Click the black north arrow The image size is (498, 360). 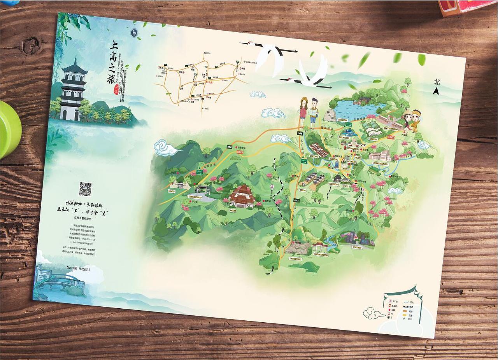tap(436, 91)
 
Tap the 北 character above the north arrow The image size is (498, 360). tap(437, 82)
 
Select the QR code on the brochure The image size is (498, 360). tap(85, 189)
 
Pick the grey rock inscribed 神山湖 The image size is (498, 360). tap(330, 115)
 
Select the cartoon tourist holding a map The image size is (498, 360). tap(314, 112)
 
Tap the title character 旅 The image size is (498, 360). tap(112, 79)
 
